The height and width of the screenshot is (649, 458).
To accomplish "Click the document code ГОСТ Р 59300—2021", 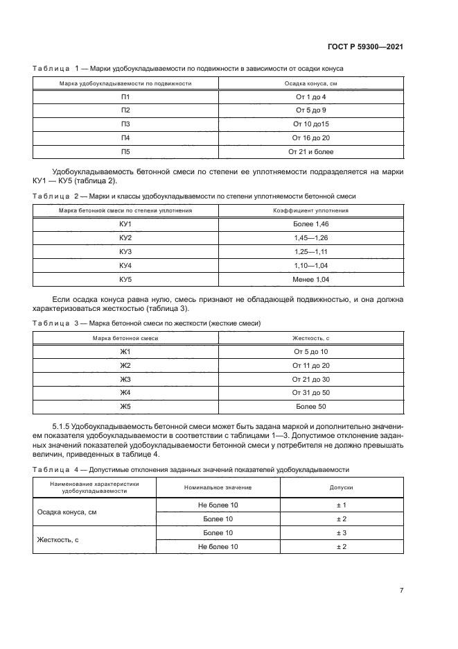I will [x=365, y=47].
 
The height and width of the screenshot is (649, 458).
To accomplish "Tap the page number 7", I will [x=401, y=590].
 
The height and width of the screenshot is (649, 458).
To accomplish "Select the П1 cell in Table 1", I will [x=125, y=96].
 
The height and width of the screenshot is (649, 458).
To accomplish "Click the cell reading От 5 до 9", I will [x=310, y=110].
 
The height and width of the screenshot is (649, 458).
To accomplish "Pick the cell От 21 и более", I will [x=310, y=151].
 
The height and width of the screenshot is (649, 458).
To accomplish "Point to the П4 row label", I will [x=125, y=137].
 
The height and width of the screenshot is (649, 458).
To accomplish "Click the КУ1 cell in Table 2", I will [x=125, y=224].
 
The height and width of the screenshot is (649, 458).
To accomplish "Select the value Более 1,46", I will [x=310, y=224].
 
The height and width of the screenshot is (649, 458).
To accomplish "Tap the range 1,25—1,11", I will [x=310, y=251].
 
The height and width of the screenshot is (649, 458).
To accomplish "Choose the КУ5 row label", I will [x=125, y=279].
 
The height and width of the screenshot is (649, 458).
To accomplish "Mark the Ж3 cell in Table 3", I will [x=125, y=379].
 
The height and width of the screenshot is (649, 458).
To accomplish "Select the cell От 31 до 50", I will [x=310, y=393].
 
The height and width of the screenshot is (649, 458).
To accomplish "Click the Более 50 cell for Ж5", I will [x=310, y=407].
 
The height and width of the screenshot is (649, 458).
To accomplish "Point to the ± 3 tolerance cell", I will [x=341, y=532].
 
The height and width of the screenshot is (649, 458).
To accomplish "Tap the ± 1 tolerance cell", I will [x=341, y=505].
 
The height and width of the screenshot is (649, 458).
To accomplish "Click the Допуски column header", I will [x=341, y=488].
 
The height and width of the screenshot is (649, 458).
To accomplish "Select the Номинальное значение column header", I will [x=218, y=488].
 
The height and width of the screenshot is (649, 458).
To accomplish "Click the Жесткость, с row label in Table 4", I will [x=57, y=540].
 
